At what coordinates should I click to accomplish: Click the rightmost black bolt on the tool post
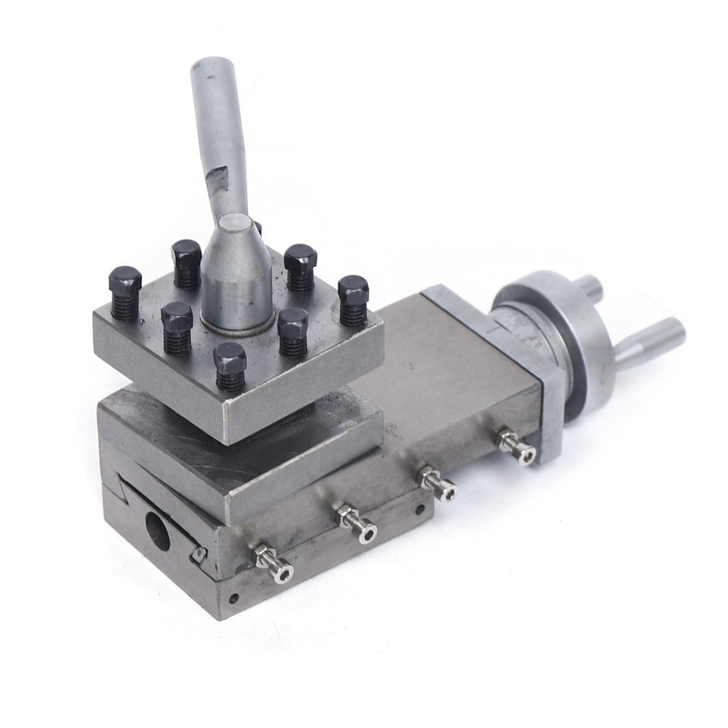click(353, 299)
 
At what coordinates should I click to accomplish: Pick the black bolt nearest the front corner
click(230, 365)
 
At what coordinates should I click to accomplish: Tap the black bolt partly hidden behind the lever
click(257, 226)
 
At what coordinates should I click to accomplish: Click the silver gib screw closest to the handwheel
click(516, 445)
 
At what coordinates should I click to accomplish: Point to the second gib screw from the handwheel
click(438, 483)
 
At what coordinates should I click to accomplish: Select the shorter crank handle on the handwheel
click(588, 288)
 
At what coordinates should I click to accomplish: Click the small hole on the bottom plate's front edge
click(234, 598)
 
